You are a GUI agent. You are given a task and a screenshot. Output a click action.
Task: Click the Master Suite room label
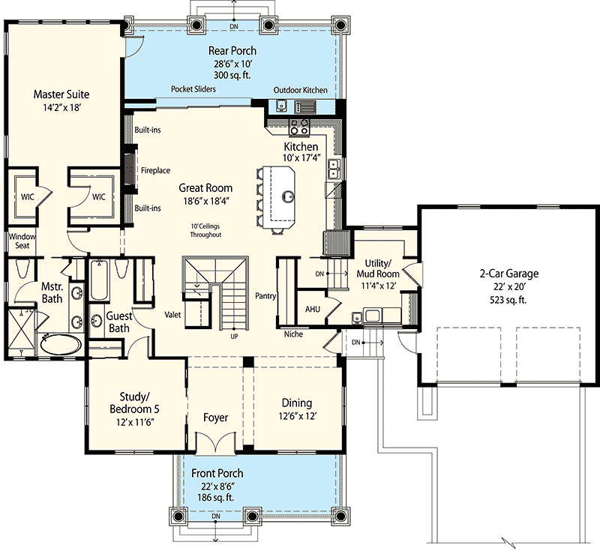[61, 95]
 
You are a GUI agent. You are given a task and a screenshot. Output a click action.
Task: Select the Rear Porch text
[232, 51]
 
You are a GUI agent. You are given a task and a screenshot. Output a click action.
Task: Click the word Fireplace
[155, 170]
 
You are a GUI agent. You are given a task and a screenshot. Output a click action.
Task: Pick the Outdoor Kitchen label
[300, 90]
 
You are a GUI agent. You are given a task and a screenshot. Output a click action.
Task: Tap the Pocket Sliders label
[193, 89]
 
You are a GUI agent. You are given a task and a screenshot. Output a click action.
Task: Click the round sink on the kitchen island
[286, 197]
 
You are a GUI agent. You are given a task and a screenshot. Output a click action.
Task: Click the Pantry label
[265, 296]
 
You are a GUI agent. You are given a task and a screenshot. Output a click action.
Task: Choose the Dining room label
[296, 403]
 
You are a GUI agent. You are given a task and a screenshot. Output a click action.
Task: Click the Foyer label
[216, 418]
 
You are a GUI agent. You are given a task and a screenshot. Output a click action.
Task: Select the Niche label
[293, 334]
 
